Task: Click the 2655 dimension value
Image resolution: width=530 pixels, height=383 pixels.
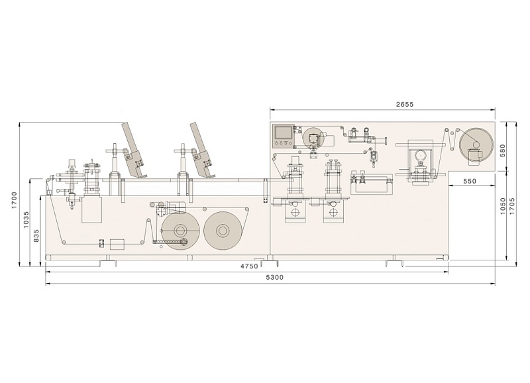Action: pyautogui.click(x=405, y=105)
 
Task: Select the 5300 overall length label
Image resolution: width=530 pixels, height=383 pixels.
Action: pyautogui.click(x=275, y=278)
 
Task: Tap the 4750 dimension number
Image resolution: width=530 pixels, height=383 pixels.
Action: pyautogui.click(x=249, y=266)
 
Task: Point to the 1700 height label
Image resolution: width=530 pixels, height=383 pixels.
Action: pyautogui.click(x=14, y=200)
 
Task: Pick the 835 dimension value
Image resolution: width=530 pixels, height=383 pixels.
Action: pyautogui.click(x=36, y=236)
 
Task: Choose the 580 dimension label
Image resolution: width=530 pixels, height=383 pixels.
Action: pyautogui.click(x=503, y=150)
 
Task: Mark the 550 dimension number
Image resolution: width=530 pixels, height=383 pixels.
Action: pyautogui.click(x=470, y=181)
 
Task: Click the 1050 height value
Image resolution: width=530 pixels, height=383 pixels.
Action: pyautogui.click(x=503, y=206)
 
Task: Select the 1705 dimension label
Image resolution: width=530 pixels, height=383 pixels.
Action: pyautogui.click(x=512, y=206)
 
